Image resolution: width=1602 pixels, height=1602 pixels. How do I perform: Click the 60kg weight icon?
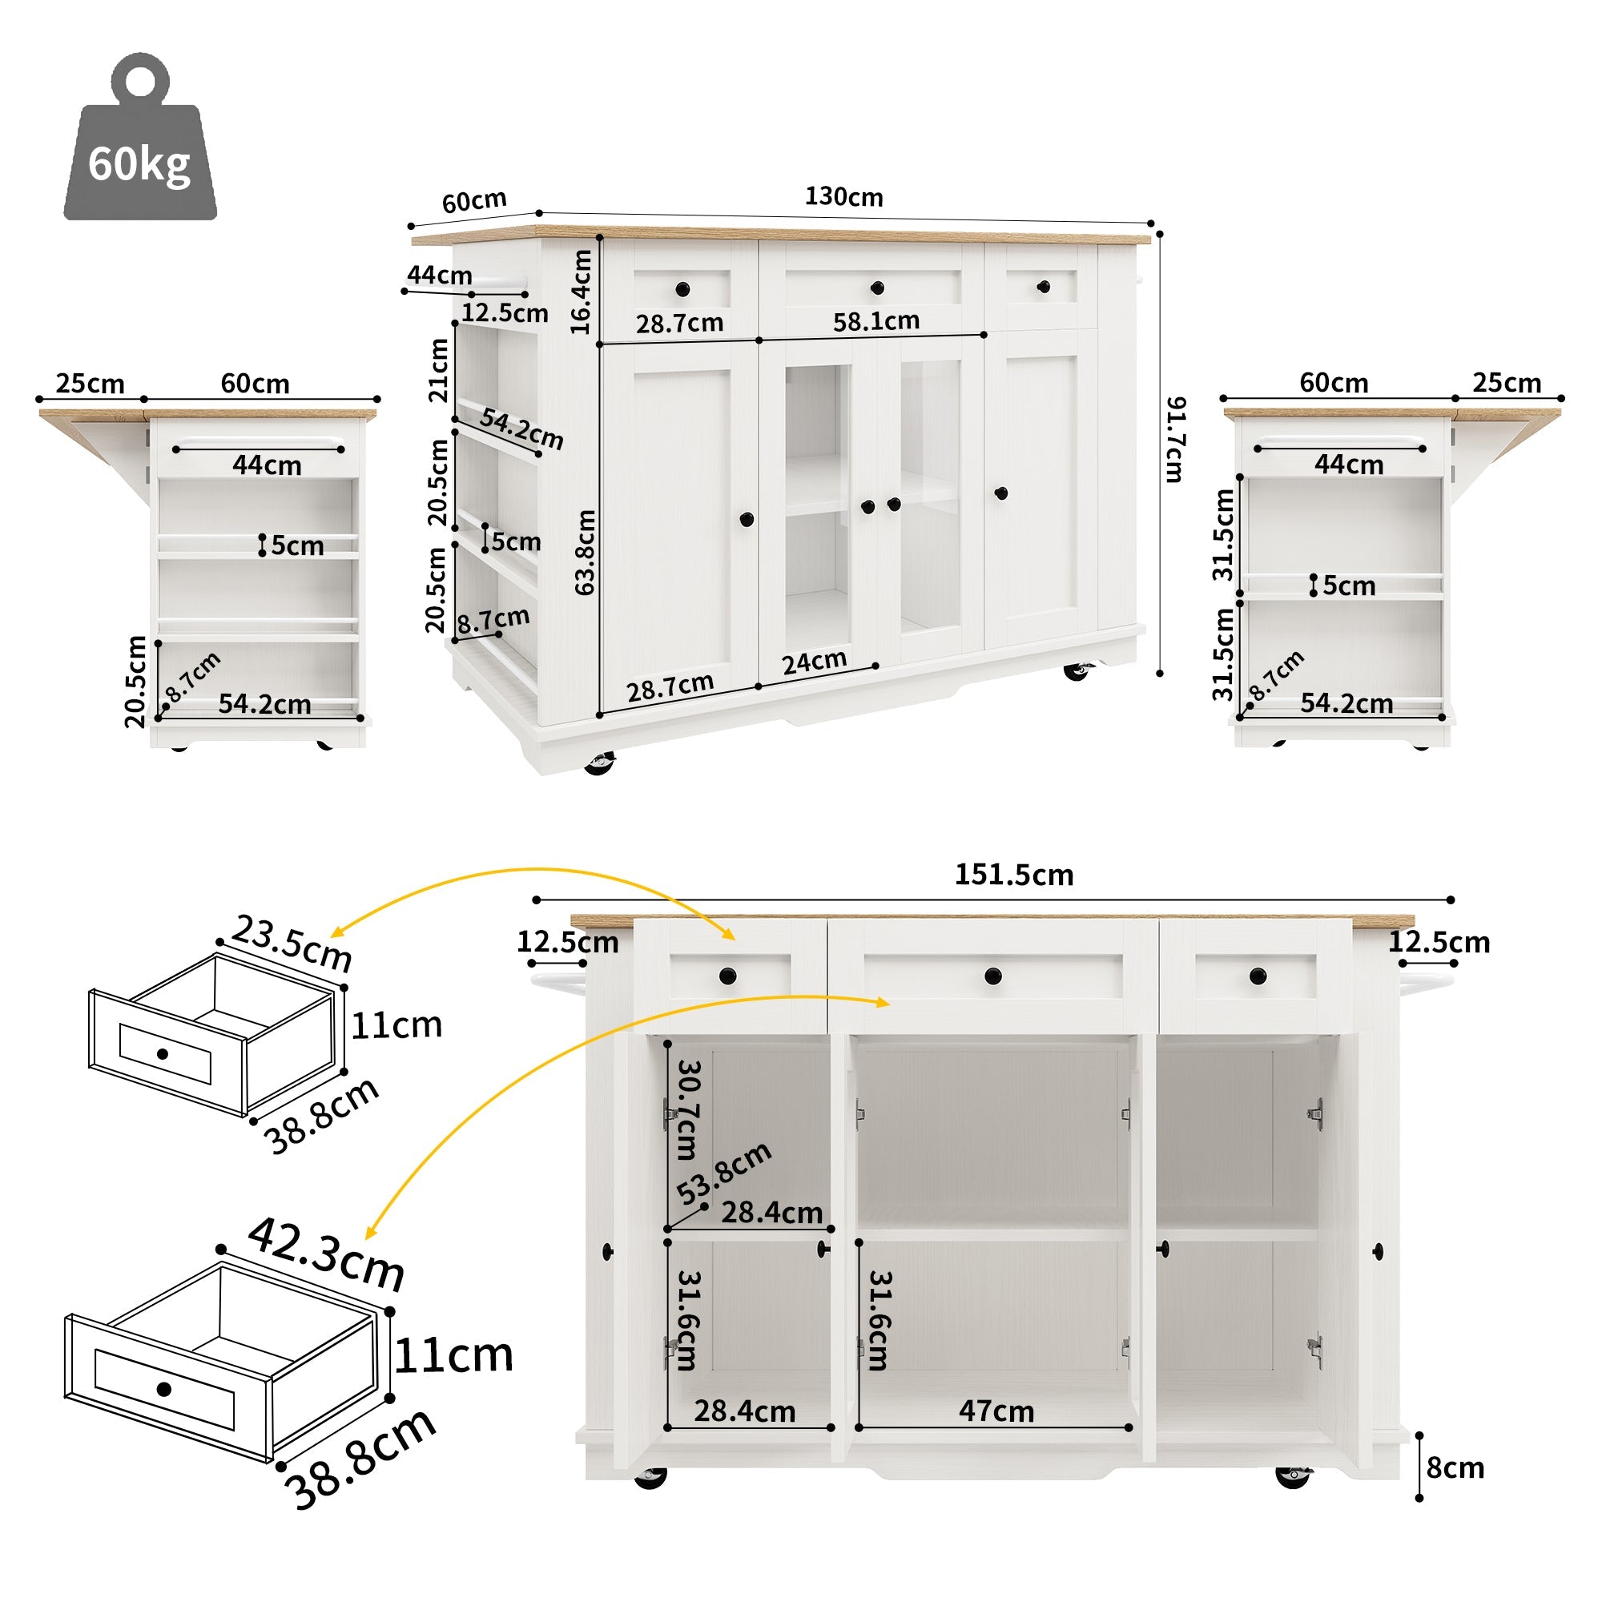click(140, 141)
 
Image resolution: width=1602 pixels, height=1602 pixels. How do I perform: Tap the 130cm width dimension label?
click(843, 197)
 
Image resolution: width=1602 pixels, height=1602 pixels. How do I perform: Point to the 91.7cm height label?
click(1175, 440)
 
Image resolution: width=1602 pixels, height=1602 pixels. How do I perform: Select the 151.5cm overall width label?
click(1013, 875)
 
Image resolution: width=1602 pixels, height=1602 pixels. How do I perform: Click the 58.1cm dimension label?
click(876, 321)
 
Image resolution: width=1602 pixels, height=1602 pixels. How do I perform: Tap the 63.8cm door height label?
click(586, 551)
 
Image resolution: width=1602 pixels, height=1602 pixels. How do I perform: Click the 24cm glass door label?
click(815, 662)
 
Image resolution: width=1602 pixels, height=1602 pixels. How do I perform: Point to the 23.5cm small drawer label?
click(292, 943)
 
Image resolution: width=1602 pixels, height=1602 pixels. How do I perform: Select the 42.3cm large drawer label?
click(326, 1253)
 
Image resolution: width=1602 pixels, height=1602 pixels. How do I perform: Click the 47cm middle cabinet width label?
click(996, 1411)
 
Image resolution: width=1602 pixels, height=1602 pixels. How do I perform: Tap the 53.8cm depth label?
click(723, 1173)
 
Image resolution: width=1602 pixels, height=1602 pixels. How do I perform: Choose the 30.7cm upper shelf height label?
click(688, 1109)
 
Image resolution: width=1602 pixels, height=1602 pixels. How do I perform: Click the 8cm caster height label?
click(1455, 1467)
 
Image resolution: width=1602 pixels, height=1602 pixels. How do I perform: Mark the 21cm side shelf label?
click(438, 370)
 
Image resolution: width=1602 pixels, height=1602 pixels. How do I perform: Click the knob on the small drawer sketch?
click(163, 1054)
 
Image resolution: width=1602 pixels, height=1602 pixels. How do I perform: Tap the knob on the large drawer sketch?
click(163, 1389)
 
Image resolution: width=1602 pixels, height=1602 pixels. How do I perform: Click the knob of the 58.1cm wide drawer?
click(877, 288)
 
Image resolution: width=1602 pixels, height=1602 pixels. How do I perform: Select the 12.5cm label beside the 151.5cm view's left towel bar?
click(567, 942)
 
